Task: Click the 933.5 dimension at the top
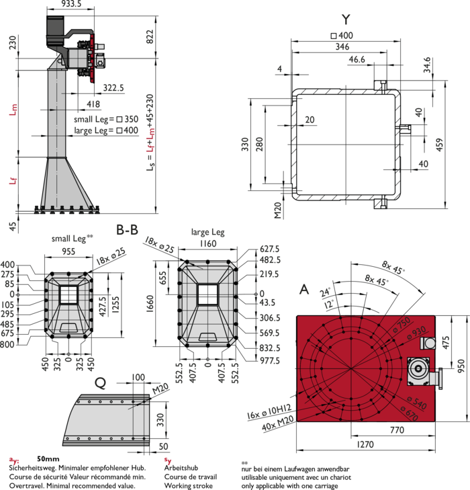71,4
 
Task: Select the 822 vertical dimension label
150,36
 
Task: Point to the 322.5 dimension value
113,88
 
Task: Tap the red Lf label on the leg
13,181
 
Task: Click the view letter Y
346,19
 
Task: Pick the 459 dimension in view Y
439,145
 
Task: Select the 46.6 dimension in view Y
357,59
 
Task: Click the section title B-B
127,230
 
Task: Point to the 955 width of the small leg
68,251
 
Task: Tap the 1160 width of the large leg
208,243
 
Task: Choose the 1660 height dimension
150,304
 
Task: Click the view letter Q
101,383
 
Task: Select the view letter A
304,290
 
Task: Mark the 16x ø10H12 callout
269,412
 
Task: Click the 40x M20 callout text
278,423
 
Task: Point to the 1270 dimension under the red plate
365,444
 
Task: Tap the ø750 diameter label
402,325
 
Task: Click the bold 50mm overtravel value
48,459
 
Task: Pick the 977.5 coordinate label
270,360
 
